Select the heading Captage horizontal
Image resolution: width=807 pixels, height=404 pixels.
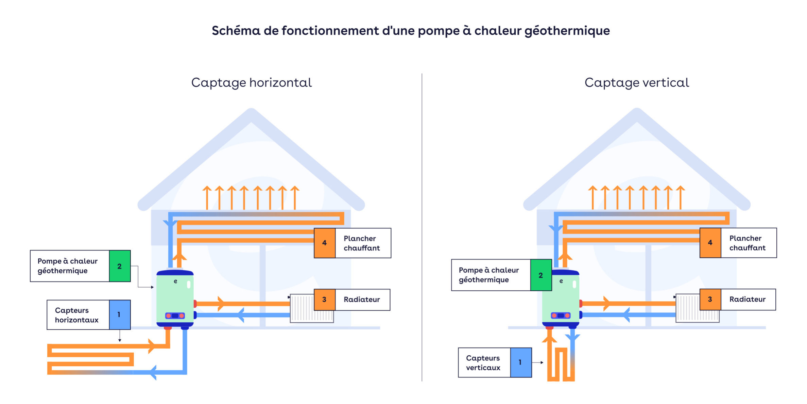click(251, 83)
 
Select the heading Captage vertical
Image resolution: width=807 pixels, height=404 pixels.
click(636, 83)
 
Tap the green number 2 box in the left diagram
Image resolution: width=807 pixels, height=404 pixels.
click(120, 266)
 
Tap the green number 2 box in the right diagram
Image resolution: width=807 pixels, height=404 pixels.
click(540, 275)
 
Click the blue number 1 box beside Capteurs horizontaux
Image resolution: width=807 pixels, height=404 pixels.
click(119, 314)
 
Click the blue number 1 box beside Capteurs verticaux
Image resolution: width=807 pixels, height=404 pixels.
click(520, 362)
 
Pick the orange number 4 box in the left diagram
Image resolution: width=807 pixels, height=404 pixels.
click(324, 243)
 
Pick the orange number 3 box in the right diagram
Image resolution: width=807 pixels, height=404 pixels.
click(710, 299)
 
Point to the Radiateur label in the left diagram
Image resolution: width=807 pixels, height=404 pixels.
click(362, 300)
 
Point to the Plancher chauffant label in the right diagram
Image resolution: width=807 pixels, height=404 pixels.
click(747, 243)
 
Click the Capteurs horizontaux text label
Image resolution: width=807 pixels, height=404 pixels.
click(77, 315)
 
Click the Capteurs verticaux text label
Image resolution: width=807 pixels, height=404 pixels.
click(483, 362)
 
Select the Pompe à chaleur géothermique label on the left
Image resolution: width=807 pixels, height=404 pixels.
click(68, 266)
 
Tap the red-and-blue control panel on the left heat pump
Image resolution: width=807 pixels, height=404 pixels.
click(175, 316)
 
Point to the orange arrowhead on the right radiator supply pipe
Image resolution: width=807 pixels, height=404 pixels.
click(607, 303)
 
